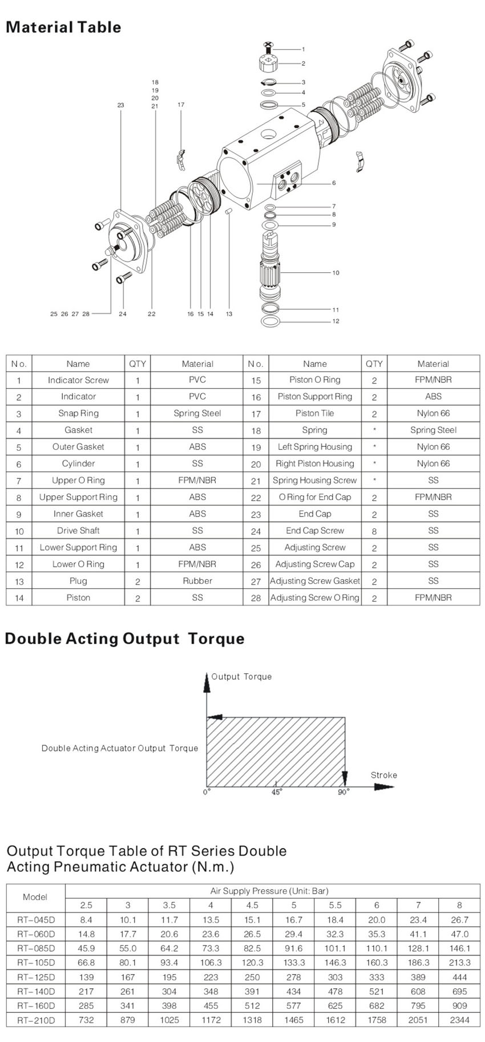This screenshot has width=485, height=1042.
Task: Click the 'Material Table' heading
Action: click(63, 27)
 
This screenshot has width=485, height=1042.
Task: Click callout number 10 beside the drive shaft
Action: click(336, 273)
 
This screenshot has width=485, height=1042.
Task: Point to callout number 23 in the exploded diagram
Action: click(120, 105)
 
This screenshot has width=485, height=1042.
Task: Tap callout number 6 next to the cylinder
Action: click(334, 183)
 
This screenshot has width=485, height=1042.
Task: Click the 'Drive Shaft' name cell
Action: click(78, 531)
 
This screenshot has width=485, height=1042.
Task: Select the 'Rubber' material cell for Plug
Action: click(197, 581)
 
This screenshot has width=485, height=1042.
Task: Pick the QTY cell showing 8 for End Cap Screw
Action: click(374, 531)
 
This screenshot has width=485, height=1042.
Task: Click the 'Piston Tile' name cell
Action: click(314, 413)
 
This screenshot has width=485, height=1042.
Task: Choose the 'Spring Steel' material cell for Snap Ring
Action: click(197, 413)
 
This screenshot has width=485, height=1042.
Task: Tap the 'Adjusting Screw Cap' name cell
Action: click(314, 564)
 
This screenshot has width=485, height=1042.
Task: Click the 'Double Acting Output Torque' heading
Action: click(124, 639)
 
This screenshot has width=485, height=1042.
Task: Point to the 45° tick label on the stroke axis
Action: click(277, 793)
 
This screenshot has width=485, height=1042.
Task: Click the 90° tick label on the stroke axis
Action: click(343, 793)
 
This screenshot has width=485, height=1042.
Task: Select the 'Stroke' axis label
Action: click(383, 775)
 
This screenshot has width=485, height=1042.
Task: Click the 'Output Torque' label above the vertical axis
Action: click(241, 677)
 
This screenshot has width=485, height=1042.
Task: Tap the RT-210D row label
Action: click(36, 1020)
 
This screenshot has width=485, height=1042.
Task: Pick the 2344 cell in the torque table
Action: click(459, 1020)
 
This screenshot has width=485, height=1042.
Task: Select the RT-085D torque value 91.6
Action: click(294, 948)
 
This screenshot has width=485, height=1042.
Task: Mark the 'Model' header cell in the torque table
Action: click(35, 897)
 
